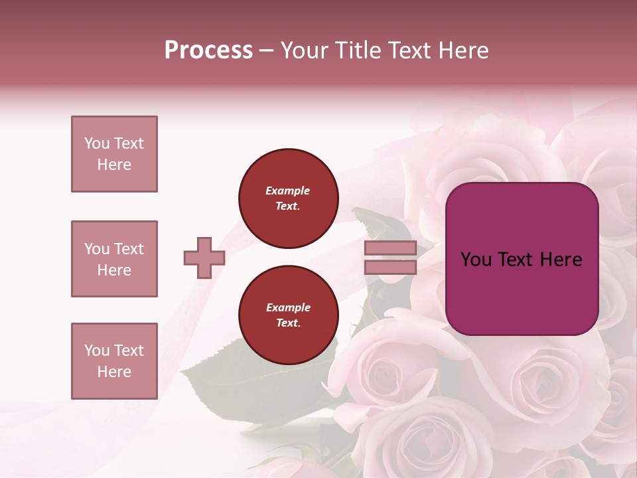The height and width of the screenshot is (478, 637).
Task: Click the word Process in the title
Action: tap(208, 50)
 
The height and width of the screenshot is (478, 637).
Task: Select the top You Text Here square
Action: tap(114, 154)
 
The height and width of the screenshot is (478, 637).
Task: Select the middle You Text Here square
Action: tap(114, 259)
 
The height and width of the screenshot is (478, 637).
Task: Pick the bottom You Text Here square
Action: tap(114, 361)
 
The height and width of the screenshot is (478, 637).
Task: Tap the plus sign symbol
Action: tap(204, 258)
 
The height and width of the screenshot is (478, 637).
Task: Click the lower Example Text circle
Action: tap(288, 315)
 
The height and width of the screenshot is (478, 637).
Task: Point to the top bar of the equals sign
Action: tap(390, 248)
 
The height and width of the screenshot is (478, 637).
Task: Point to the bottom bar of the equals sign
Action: tap(390, 267)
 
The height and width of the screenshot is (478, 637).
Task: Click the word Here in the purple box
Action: tap(561, 260)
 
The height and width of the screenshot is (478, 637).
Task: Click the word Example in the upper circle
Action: tap(288, 191)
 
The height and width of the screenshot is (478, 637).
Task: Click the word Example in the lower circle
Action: tap(288, 307)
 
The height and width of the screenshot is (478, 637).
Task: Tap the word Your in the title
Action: tap(304, 50)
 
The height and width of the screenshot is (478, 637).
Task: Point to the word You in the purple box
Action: tap(476, 260)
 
